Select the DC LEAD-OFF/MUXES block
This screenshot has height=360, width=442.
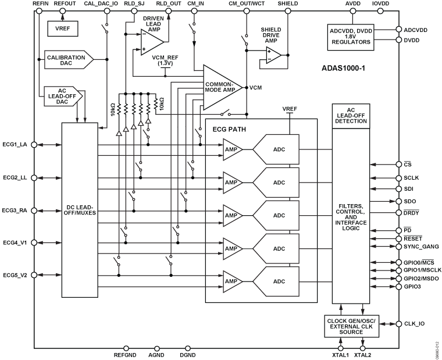point(80,210)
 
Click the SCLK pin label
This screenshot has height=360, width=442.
point(411,177)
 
